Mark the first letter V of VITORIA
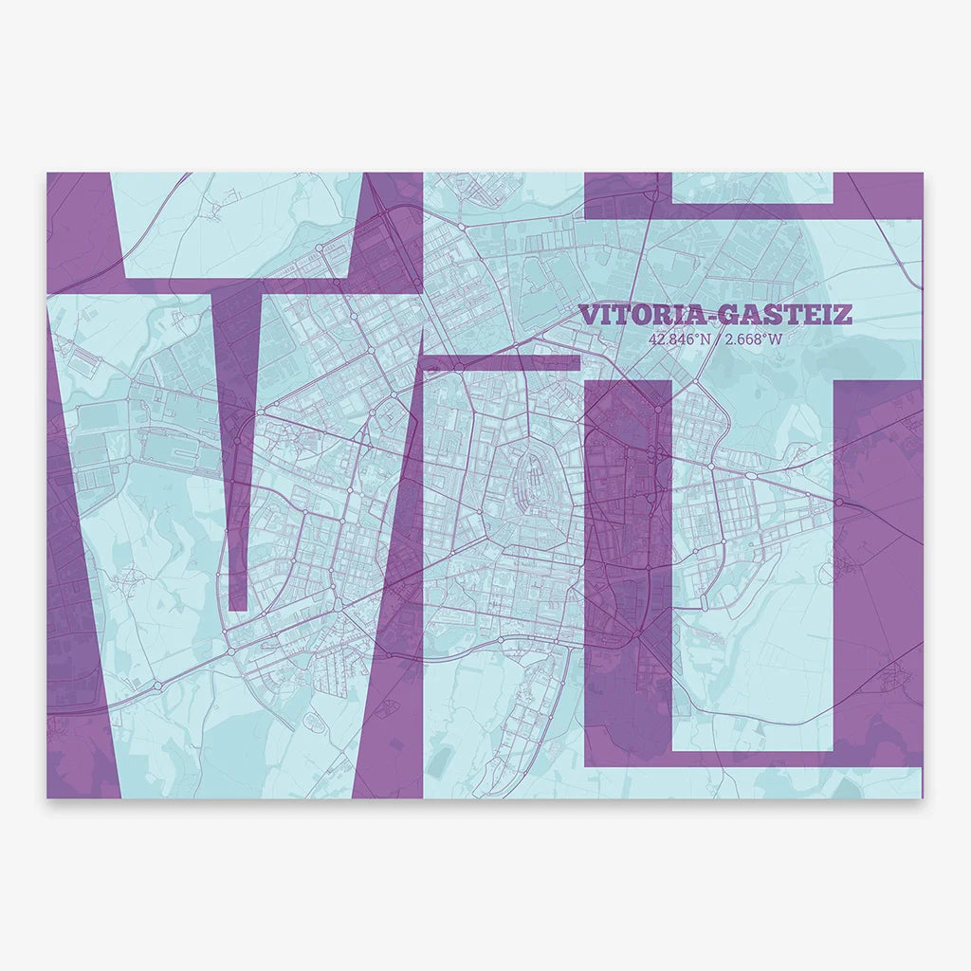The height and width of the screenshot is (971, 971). point(588,315)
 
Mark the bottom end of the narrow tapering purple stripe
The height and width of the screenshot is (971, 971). point(239,607)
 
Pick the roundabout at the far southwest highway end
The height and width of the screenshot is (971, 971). point(156,684)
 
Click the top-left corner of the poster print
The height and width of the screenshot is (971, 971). point(47,174)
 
